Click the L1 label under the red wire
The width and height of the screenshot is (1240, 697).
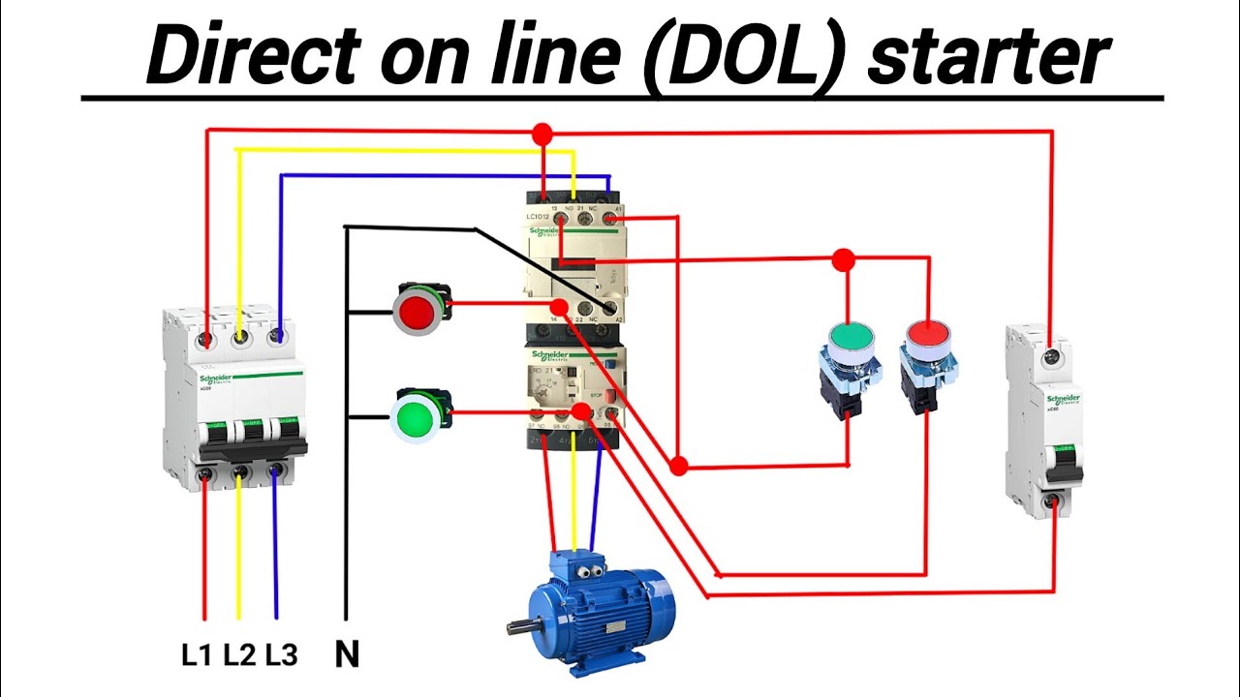coord(196,655)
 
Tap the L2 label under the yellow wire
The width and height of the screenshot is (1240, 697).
coord(238,655)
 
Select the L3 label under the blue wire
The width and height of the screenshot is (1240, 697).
coord(281,655)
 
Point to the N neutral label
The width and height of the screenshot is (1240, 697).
coord(347,655)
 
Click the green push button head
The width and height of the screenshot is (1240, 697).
coord(852,336)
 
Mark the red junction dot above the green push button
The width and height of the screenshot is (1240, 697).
coord(844,259)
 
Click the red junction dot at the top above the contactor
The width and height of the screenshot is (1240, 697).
coord(542,133)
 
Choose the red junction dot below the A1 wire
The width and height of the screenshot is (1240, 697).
coord(679,467)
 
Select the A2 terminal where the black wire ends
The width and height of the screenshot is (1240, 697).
coord(610,308)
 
